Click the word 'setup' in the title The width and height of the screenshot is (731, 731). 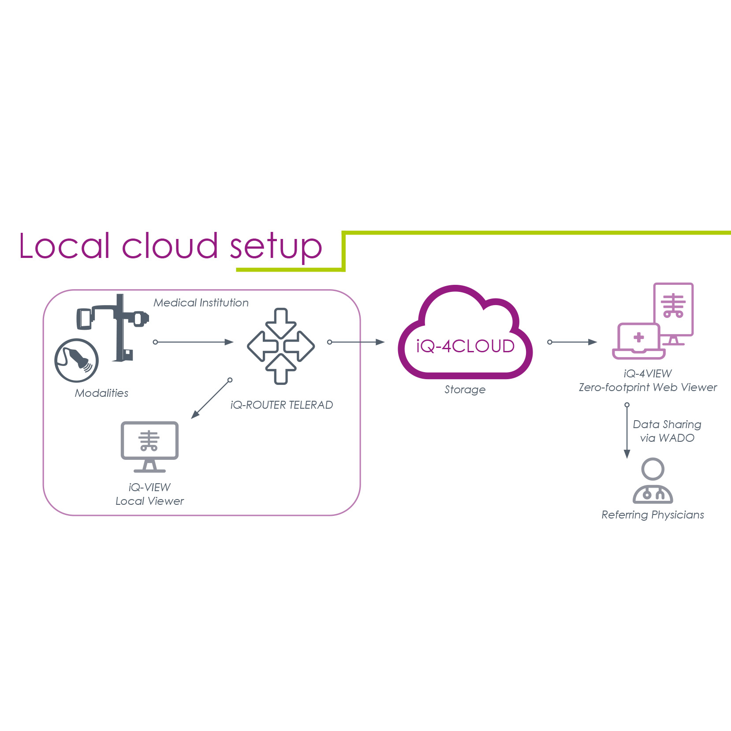point(276,246)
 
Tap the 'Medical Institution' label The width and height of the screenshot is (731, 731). point(201,303)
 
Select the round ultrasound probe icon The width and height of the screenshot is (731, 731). point(76,360)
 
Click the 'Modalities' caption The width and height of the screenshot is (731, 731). point(101,393)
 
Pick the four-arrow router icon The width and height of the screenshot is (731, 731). point(281,346)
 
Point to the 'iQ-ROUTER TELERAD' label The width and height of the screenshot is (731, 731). point(281,405)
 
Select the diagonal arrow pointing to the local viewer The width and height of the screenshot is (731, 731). point(211,399)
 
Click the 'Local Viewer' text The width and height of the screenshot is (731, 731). point(149,501)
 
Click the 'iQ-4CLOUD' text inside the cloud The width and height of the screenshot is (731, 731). point(465,347)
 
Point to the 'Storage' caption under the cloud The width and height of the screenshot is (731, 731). point(465,390)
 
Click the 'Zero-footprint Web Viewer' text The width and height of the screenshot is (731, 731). point(648,388)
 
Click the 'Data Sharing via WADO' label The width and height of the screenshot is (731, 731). point(667,431)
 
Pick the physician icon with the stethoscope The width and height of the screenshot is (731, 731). point(653,481)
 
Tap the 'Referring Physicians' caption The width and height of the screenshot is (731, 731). point(653,515)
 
